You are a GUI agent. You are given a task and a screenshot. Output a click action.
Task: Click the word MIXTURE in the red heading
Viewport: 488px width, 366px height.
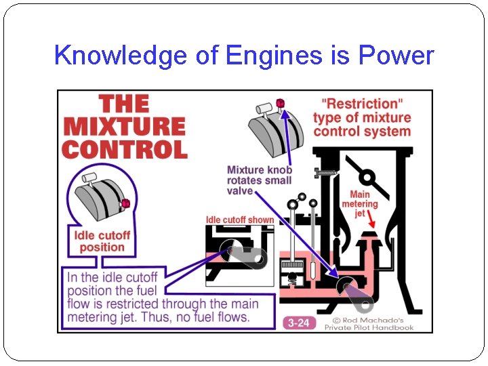(x=123, y=127)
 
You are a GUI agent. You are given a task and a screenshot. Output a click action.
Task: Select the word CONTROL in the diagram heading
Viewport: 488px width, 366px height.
(x=123, y=149)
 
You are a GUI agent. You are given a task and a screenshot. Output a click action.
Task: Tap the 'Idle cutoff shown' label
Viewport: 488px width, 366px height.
(x=240, y=220)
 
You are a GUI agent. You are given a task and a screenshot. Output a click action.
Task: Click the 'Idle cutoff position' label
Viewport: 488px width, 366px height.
(x=102, y=241)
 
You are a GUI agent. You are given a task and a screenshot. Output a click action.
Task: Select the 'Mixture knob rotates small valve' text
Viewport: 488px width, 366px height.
(x=259, y=180)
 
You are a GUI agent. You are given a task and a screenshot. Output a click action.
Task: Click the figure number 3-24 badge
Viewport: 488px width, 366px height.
(x=298, y=323)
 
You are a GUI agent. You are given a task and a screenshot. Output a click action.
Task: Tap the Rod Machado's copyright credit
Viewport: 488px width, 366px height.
(x=369, y=323)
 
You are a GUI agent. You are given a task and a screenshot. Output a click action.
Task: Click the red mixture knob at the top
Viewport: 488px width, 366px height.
(x=280, y=103)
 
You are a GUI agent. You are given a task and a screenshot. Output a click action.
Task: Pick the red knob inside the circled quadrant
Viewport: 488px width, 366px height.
(x=125, y=203)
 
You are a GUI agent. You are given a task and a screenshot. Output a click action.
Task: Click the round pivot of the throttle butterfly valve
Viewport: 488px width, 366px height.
(x=367, y=178)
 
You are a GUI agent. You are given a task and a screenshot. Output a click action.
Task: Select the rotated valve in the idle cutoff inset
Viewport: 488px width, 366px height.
(x=244, y=256)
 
